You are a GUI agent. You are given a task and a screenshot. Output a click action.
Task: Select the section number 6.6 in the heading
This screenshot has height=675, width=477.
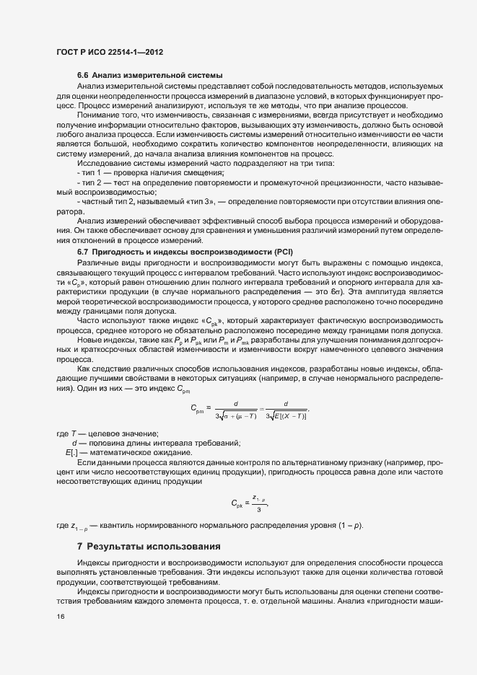83,76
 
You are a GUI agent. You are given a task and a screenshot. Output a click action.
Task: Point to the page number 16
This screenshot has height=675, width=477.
61,616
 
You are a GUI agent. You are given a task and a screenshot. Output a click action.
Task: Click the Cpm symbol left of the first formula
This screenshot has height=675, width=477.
199,409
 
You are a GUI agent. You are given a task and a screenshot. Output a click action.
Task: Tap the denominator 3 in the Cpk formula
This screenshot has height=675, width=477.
258,509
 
